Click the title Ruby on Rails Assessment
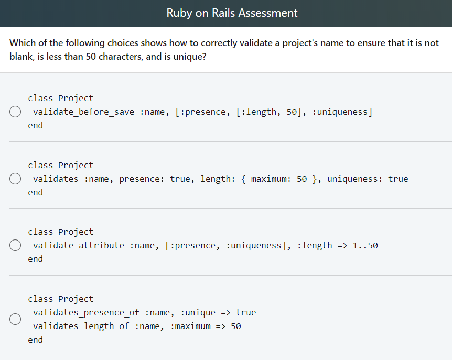click(x=232, y=13)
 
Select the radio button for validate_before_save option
click(x=15, y=112)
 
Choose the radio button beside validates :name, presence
click(x=15, y=179)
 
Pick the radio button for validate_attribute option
click(x=15, y=245)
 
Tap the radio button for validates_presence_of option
click(x=15, y=319)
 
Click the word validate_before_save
click(x=84, y=112)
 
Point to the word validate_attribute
click(x=79, y=245)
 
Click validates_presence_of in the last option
click(x=87, y=312)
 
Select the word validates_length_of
click(x=81, y=326)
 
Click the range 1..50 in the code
click(x=365, y=245)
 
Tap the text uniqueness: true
click(x=368, y=179)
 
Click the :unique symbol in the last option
click(x=198, y=312)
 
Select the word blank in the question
click(x=21, y=57)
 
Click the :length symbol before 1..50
click(x=315, y=245)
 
